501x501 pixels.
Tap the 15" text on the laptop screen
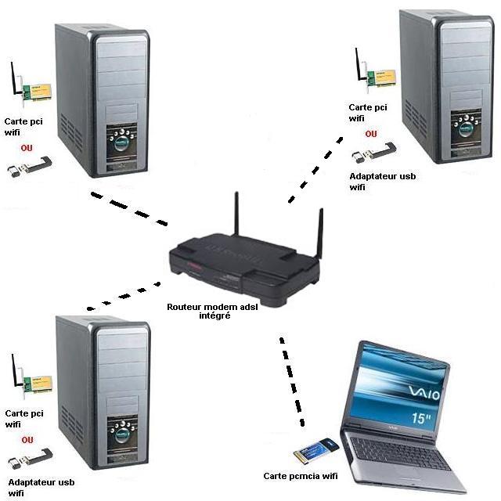point(422,419)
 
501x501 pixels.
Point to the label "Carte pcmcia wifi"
point(300,475)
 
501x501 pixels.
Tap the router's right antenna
point(319,235)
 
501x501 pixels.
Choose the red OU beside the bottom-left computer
point(27,440)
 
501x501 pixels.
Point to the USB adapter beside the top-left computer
point(29,166)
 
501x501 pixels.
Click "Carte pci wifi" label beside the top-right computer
point(369,113)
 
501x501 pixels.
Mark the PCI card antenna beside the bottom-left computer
point(14,371)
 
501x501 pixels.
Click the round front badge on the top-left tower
point(121,146)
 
